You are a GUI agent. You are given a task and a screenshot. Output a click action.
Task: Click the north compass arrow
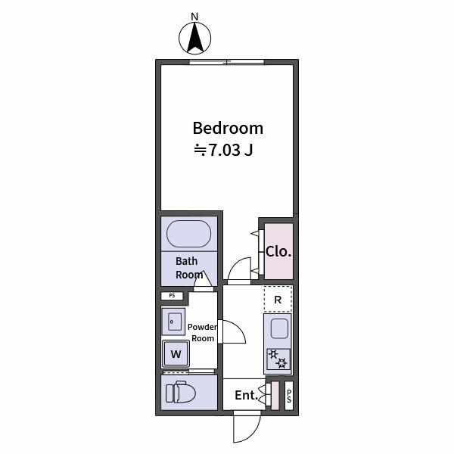pyautogui.click(x=195, y=39)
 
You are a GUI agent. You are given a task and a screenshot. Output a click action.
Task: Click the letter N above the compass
pyautogui.click(x=194, y=16)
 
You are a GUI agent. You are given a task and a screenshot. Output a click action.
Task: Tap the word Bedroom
pyautogui.click(x=227, y=128)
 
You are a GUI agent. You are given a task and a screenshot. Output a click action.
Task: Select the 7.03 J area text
pyautogui.click(x=224, y=150)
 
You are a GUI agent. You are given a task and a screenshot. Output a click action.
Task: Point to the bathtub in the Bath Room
pyautogui.click(x=189, y=234)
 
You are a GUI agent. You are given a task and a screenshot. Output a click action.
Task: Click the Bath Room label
pyautogui.click(x=189, y=268)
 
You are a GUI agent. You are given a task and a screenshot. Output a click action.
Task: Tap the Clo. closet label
pyautogui.click(x=278, y=251)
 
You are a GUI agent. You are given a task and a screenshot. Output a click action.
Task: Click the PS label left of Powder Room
pyautogui.click(x=172, y=296)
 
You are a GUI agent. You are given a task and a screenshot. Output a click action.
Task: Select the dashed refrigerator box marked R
pyautogui.click(x=278, y=300)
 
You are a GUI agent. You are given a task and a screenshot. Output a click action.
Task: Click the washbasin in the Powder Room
pyautogui.click(x=173, y=322)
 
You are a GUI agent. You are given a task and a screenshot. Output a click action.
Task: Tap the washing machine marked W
pyautogui.click(x=176, y=353)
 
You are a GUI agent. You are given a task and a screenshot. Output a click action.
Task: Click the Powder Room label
pyautogui.click(x=202, y=333)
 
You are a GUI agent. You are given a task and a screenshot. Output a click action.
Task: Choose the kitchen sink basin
pyautogui.click(x=278, y=330)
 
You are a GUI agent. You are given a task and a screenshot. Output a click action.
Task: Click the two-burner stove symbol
pyautogui.click(x=278, y=359)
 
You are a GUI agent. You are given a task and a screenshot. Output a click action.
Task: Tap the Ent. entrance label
pyautogui.click(x=246, y=395)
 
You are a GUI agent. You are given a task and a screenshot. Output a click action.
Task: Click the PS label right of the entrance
pyautogui.click(x=288, y=395)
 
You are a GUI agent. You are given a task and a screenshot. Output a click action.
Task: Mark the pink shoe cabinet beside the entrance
pyautogui.click(x=275, y=395)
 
